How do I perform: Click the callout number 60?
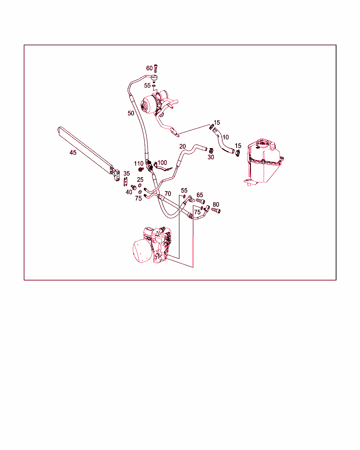pos(149,68)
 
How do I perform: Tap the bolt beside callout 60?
pos(156,68)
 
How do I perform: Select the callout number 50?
pos(131,113)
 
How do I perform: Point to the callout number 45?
pos(73,153)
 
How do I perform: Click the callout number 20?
pos(182,146)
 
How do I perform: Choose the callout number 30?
pos(211,157)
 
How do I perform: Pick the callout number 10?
pos(225,137)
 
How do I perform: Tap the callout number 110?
pos(139,163)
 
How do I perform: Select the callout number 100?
pos(162,162)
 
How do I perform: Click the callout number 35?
pos(127,173)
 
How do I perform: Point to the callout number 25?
pos(140,179)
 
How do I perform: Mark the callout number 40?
pos(129,192)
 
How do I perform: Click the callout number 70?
pos(168,194)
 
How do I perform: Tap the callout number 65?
pos(200,195)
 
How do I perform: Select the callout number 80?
pos(216,204)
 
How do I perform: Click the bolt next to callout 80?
pos(216,210)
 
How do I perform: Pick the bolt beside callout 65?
pos(200,201)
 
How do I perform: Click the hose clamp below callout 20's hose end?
pos(211,150)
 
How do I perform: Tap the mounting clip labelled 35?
pos(126,181)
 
